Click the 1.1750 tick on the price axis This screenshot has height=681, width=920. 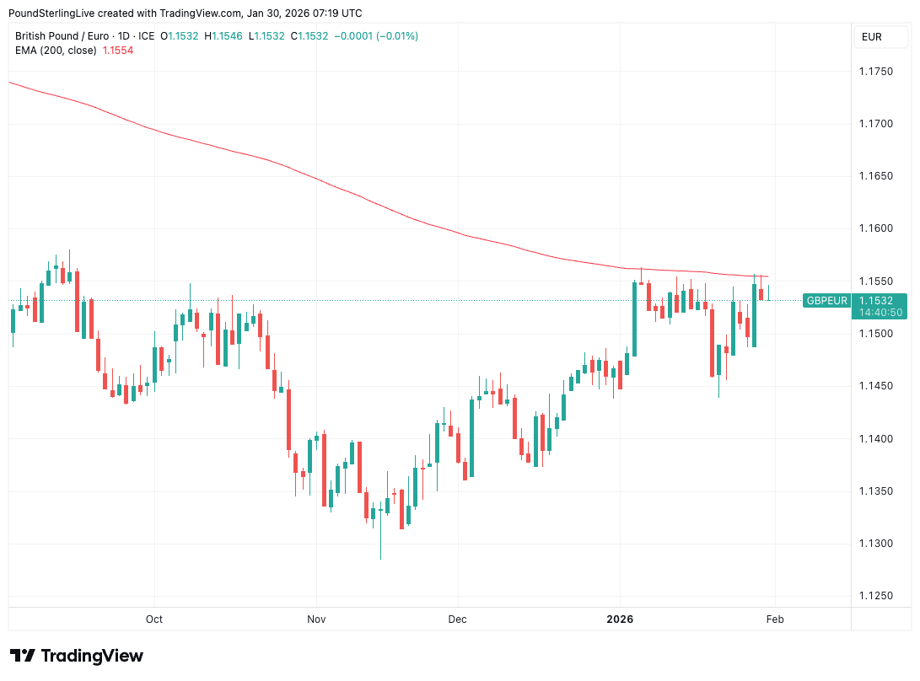point(875,72)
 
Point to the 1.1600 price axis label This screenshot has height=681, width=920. point(875,228)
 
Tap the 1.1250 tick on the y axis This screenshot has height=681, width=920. point(875,596)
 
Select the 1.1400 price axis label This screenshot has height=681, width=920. point(875,439)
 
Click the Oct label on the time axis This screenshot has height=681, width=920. point(153,619)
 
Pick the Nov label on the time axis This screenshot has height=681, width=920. point(316,619)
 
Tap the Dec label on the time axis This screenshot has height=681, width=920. point(457,619)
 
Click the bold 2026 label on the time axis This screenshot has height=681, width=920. point(620,619)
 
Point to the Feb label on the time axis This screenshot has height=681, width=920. point(775,619)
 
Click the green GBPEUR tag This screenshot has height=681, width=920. point(826,300)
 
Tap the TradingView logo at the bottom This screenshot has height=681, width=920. point(77,656)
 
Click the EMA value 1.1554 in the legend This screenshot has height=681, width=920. point(117,51)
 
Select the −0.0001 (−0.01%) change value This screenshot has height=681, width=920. point(376,36)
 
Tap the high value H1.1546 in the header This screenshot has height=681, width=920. point(226,36)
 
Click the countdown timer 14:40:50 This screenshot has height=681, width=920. point(880,312)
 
